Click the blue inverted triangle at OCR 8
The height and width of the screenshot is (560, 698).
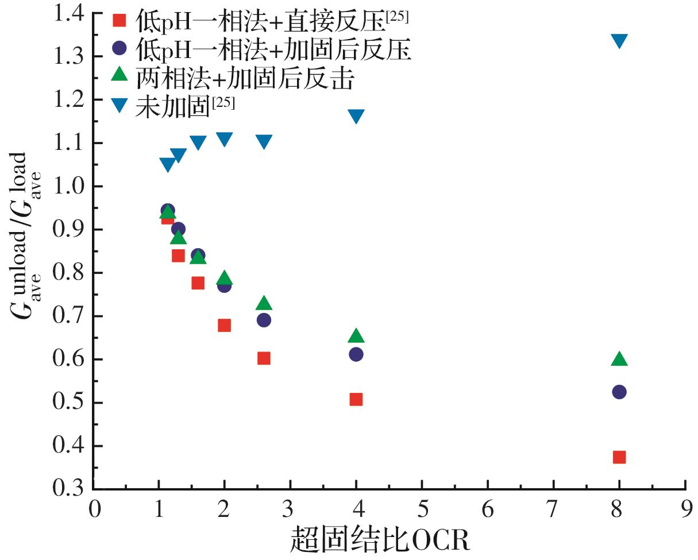[619, 41]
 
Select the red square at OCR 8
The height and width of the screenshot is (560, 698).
[619, 457]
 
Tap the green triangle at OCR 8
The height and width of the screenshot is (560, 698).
[619, 360]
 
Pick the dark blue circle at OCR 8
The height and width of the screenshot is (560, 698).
[619, 392]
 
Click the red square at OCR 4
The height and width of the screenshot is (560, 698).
[356, 399]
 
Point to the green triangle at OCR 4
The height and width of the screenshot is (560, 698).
[356, 336]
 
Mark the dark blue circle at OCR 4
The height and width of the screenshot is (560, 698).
[356, 354]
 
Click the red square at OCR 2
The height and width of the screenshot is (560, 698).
[225, 326]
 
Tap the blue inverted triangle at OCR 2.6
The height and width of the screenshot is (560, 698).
[264, 142]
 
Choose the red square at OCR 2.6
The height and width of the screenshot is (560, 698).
[264, 358]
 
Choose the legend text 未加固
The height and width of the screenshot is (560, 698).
[171, 107]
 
